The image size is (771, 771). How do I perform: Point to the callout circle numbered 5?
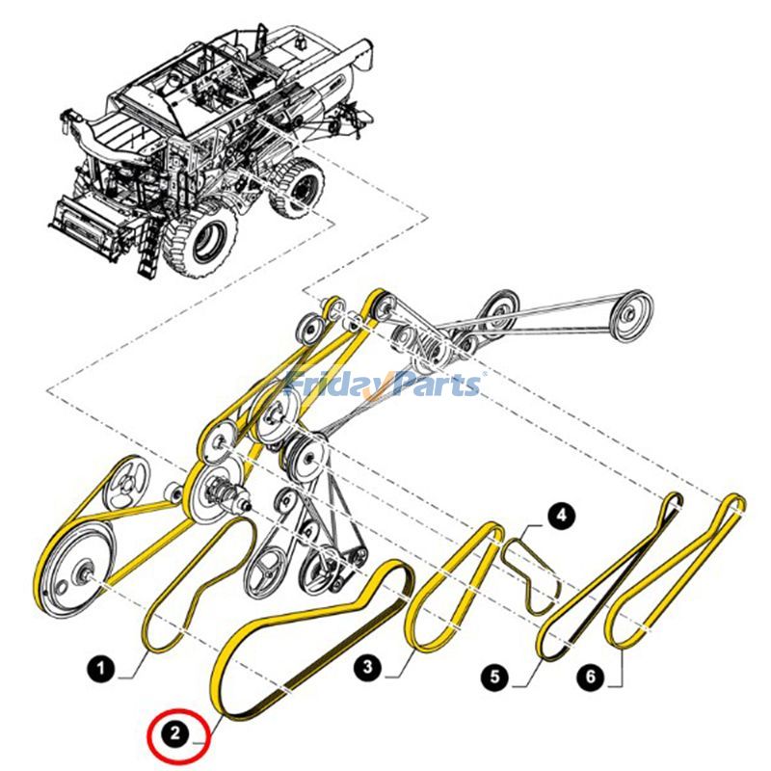[x=495, y=678]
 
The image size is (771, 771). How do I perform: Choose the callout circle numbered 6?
[x=591, y=678]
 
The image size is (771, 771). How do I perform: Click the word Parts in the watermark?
[x=435, y=385]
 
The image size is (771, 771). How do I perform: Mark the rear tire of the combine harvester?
[x=303, y=187]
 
